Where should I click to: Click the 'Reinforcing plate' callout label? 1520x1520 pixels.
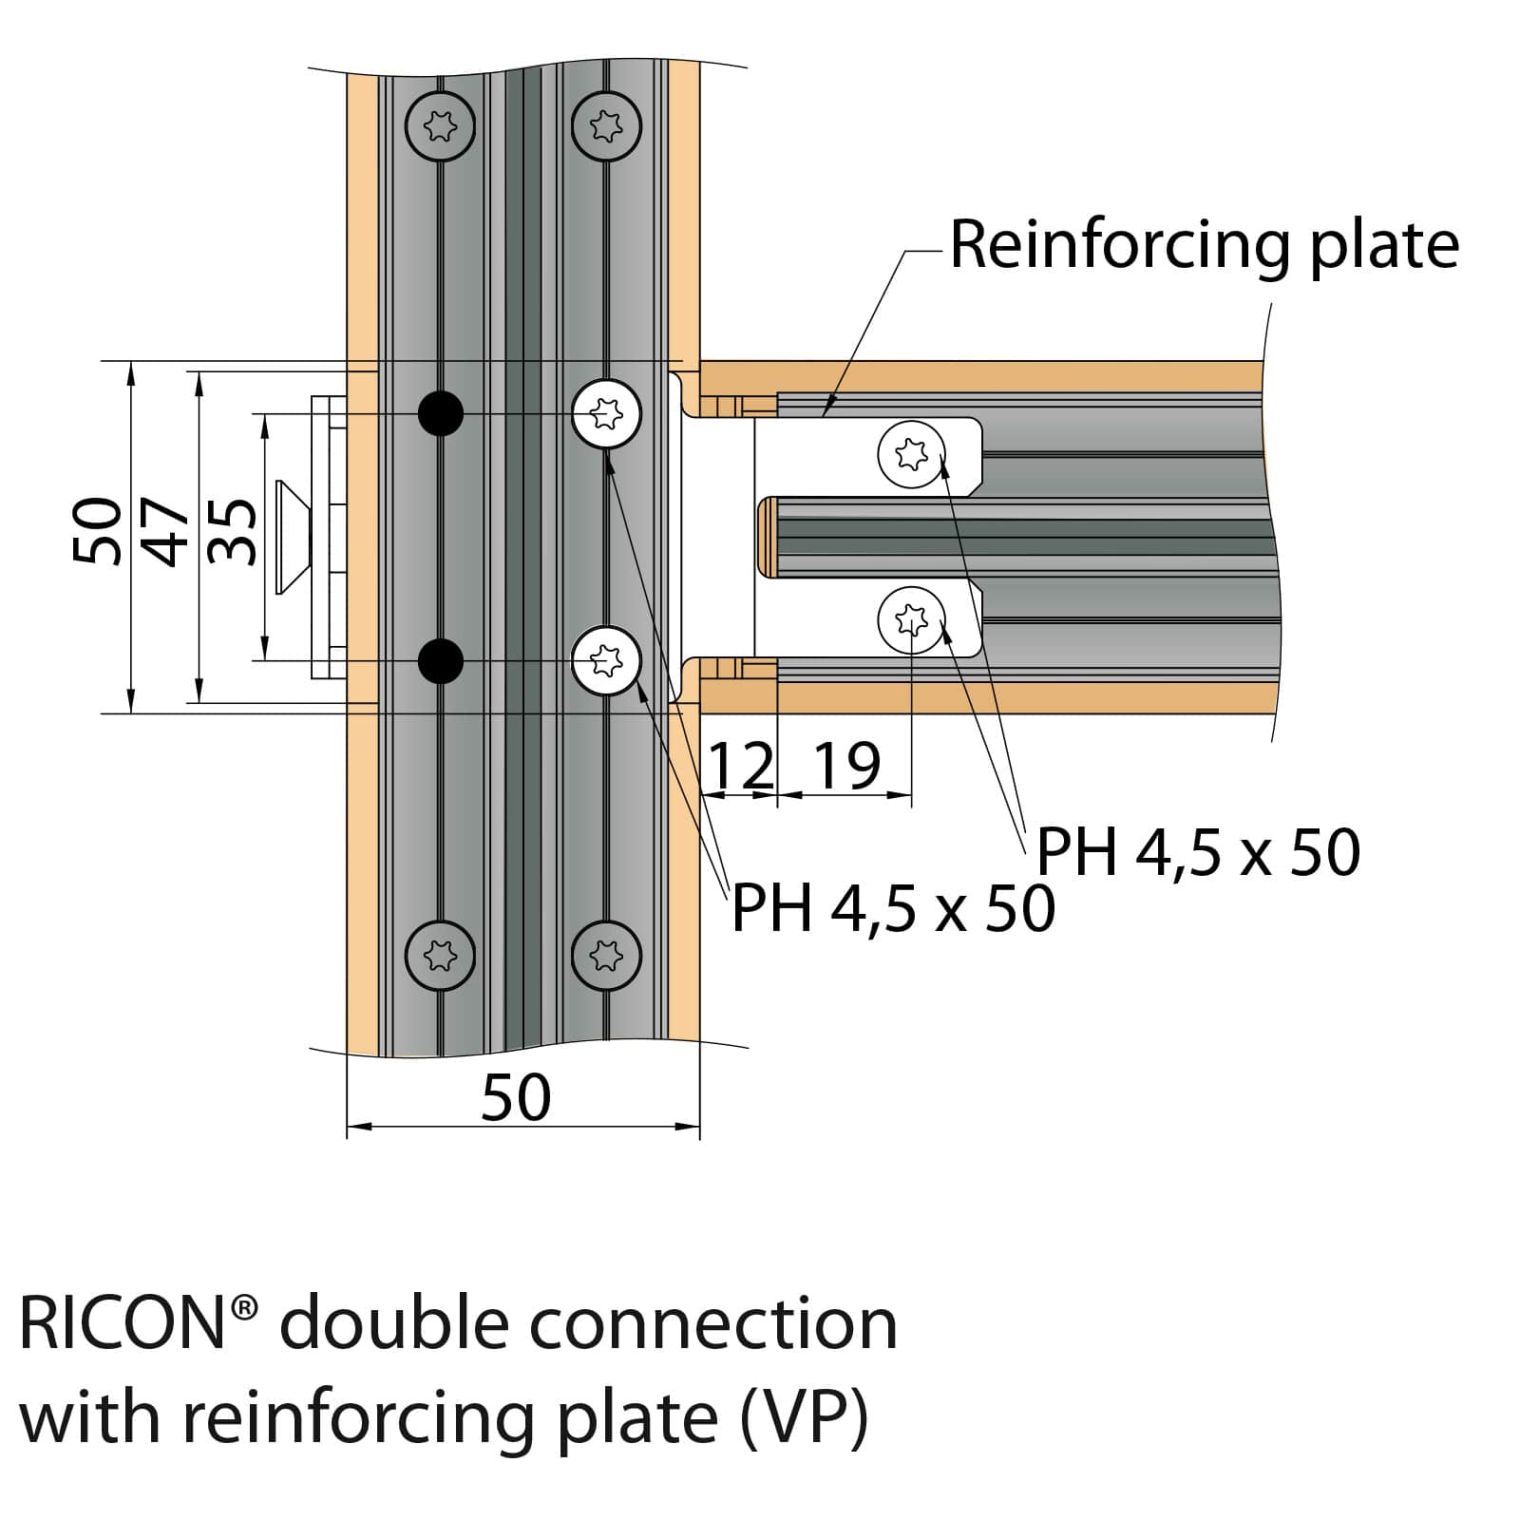tap(1204, 247)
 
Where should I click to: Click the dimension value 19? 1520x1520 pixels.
tap(847, 766)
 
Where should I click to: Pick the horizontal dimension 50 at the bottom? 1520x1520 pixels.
tap(516, 1098)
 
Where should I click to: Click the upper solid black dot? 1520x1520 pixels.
tap(441, 413)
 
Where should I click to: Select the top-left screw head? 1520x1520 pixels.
tap(440, 125)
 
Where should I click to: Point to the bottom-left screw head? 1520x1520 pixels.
tap(440, 955)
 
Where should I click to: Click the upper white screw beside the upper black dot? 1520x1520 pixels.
tap(606, 413)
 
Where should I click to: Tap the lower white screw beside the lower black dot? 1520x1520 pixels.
tap(606, 660)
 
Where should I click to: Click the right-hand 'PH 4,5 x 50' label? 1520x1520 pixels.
tap(1198, 852)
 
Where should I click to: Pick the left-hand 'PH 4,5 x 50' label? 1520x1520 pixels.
tap(894, 909)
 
